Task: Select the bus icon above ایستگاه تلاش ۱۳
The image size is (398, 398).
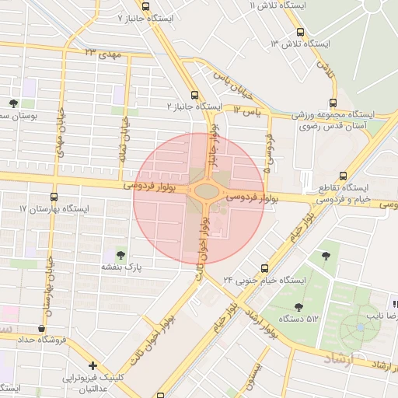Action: pos(301,32)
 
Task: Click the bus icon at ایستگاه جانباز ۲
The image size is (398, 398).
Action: pos(183,95)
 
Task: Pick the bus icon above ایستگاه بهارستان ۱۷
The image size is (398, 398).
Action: pos(54,197)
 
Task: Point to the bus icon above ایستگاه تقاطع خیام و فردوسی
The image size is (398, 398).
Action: pos(343,176)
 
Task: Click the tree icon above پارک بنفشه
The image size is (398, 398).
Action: pos(120,254)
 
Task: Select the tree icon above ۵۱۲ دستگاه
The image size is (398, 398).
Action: pos(298,308)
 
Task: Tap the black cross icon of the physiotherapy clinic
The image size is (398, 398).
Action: pos(93,365)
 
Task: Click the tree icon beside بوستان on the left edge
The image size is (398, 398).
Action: pos(13,104)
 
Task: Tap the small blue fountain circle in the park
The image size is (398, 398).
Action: pos(360,325)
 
